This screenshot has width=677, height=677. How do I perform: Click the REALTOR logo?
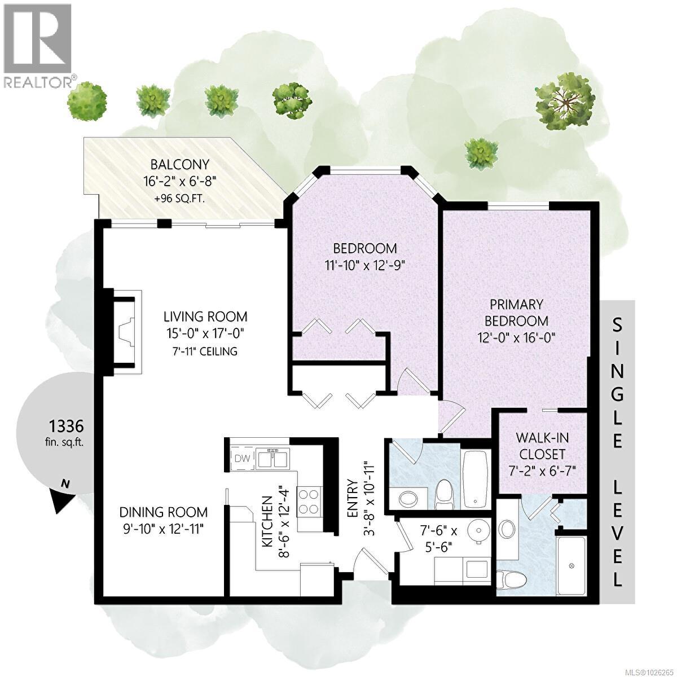[x=38, y=45]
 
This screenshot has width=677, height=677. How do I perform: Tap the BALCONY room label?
[x=179, y=165]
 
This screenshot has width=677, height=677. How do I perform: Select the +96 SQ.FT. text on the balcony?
[x=179, y=198]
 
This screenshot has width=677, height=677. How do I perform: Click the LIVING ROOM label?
[x=205, y=316]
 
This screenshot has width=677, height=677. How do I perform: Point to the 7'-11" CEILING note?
[x=205, y=351]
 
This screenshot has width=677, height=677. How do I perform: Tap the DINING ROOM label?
[x=163, y=512]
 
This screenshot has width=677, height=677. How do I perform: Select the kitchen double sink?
[x=272, y=459]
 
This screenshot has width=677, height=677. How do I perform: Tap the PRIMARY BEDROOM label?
[x=516, y=313]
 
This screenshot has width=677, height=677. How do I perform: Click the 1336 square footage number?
[x=67, y=424]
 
